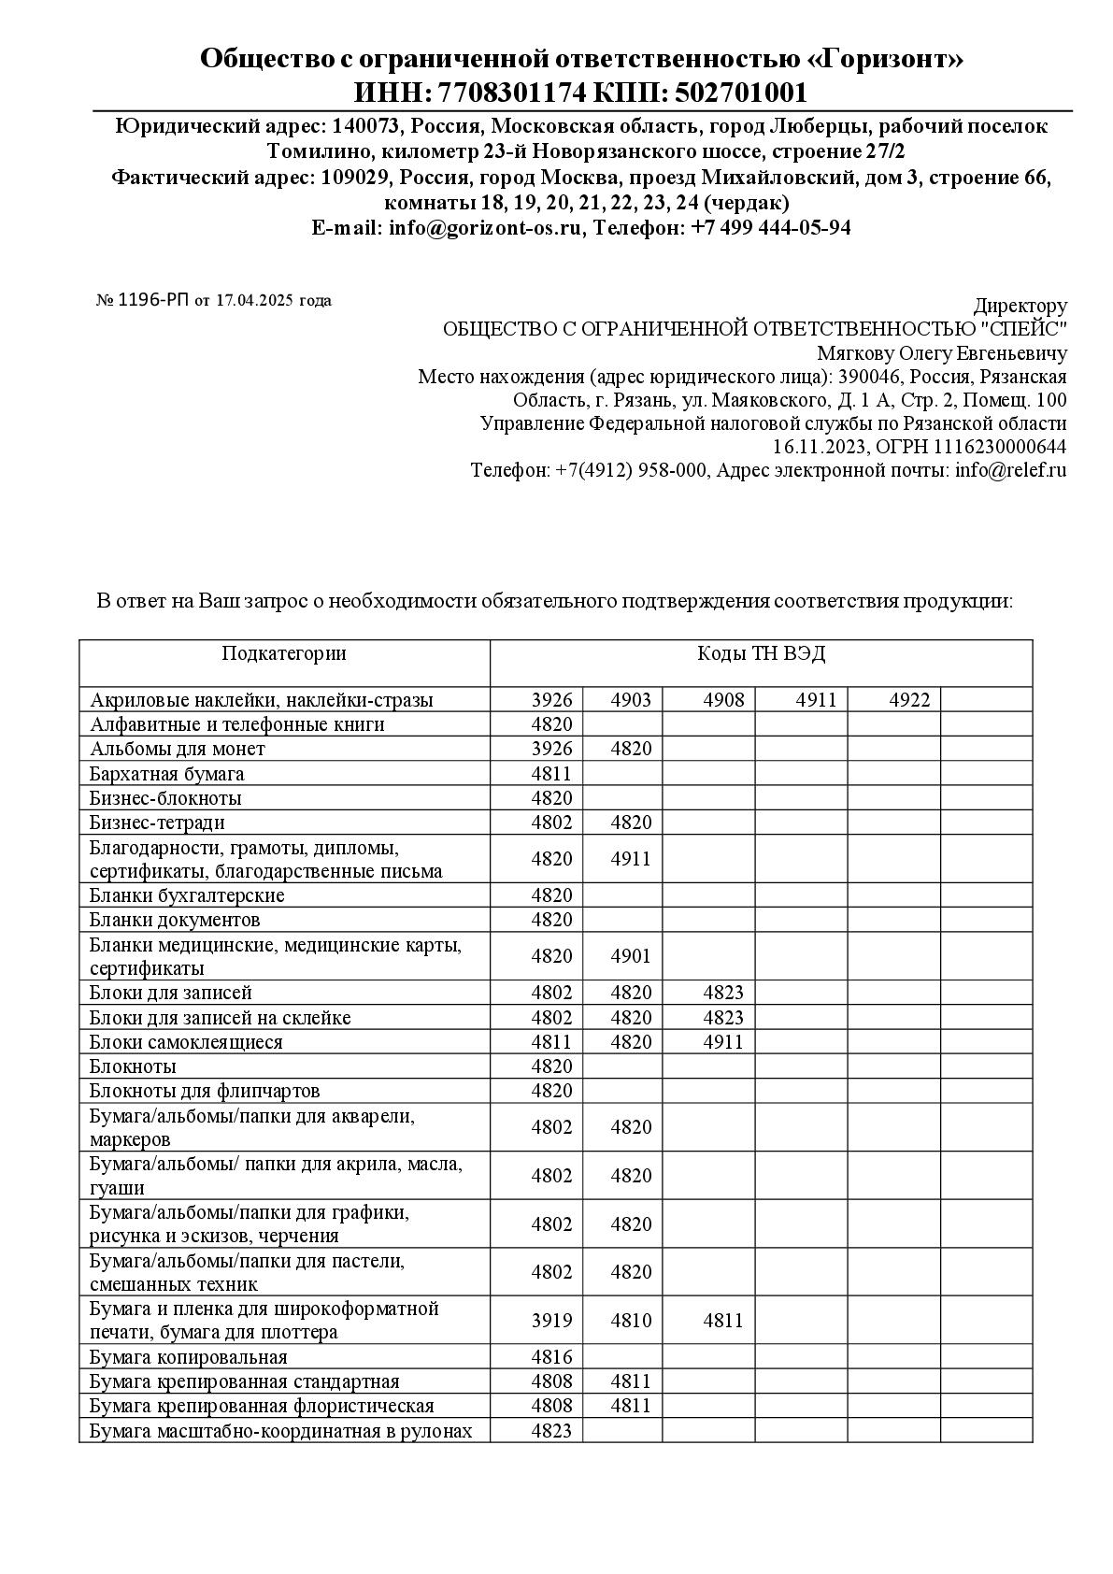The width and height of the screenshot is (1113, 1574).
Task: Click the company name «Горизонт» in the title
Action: tap(885, 60)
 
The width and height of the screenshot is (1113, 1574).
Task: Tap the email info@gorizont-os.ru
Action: tap(485, 227)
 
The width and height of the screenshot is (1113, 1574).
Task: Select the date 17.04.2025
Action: tap(254, 300)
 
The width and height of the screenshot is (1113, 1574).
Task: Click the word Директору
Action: tap(1020, 306)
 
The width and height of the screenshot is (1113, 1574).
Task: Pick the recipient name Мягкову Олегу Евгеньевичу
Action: tap(941, 353)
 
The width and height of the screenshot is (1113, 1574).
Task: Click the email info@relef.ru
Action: tap(1010, 470)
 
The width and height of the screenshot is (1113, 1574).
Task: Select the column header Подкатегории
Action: tap(284, 653)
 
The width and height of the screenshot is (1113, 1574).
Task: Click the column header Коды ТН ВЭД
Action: tap(761, 653)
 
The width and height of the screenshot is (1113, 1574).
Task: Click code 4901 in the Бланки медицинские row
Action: tap(631, 956)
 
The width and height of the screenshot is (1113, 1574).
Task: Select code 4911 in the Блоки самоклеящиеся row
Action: tap(723, 1042)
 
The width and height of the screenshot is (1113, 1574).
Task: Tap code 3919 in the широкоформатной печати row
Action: tap(551, 1321)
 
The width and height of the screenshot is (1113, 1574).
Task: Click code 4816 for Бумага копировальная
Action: tap(551, 1357)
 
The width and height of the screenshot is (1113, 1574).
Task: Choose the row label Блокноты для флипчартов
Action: tap(205, 1091)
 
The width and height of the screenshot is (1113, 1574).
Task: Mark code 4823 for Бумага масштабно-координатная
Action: tap(551, 1430)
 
